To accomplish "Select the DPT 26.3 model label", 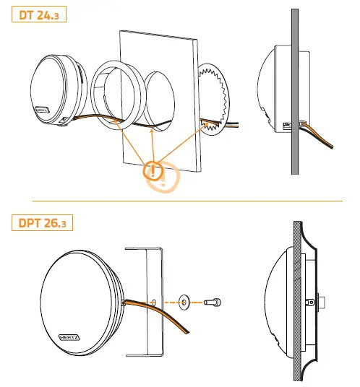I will [x=42, y=221].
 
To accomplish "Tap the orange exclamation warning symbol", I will [x=154, y=171].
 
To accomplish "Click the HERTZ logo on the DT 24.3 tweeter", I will [x=43, y=112].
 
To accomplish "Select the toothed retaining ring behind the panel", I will [x=216, y=98].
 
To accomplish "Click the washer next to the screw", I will [x=186, y=300].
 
